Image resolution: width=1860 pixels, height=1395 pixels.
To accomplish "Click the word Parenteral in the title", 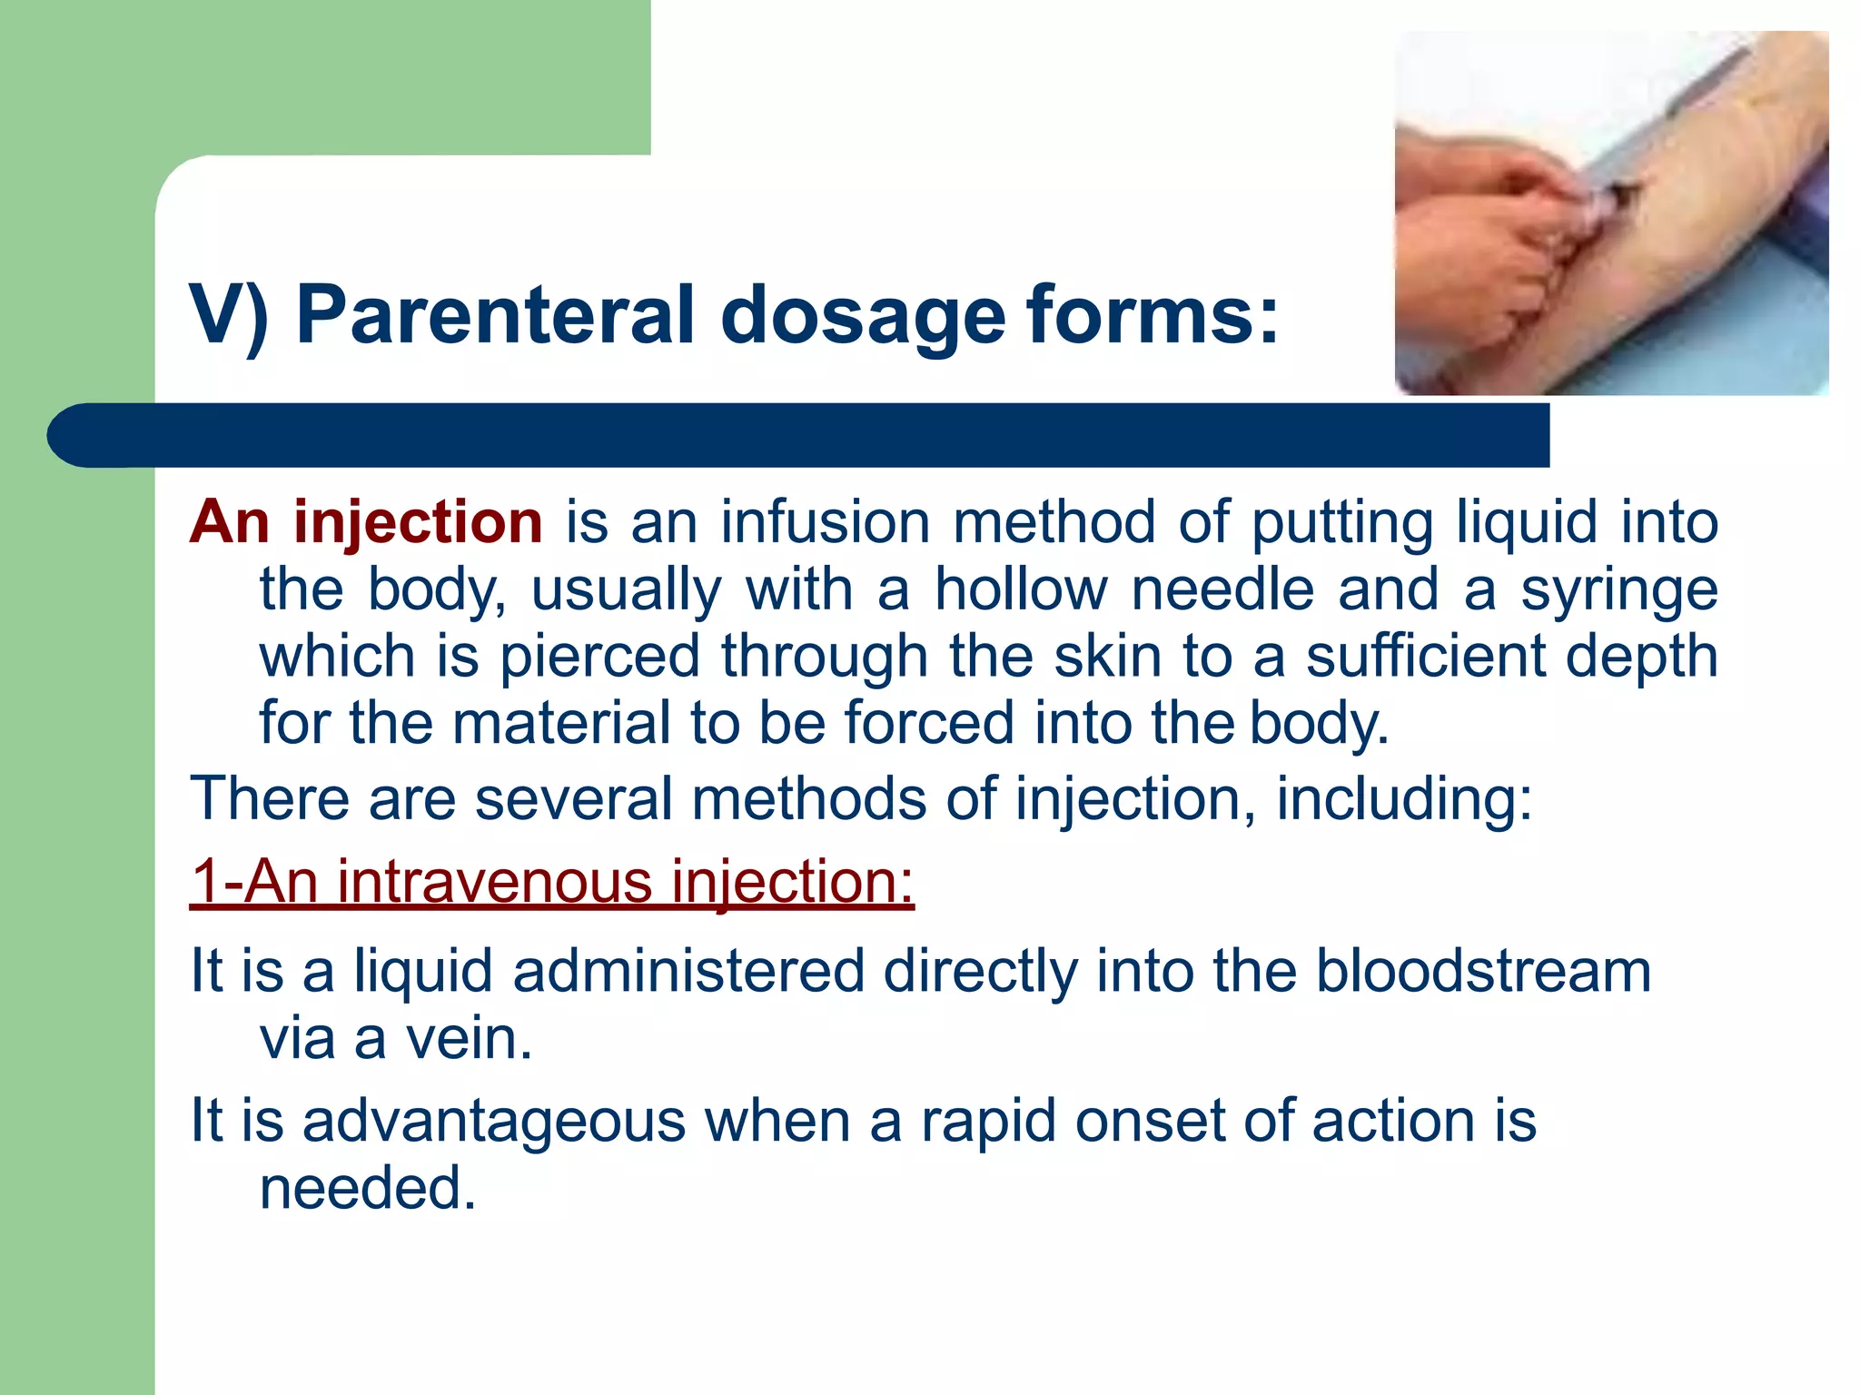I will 495,315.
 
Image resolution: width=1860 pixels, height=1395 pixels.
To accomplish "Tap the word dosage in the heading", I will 862,315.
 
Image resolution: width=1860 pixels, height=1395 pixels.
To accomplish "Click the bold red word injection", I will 418,523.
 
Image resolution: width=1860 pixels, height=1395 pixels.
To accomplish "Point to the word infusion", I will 826,523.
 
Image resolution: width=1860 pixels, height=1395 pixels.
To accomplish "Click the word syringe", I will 1618,590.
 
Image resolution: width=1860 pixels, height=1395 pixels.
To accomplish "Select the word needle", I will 1222,590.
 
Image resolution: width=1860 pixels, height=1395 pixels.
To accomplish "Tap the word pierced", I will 599,657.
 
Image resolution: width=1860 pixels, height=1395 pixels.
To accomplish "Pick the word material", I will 560,724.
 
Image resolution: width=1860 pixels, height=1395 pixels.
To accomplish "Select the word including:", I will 1404,799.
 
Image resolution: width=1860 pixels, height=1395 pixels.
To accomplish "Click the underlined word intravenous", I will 494,882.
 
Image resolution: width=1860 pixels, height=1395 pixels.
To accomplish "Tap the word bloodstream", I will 1483,971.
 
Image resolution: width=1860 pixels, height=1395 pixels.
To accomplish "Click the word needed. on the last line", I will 368,1188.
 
